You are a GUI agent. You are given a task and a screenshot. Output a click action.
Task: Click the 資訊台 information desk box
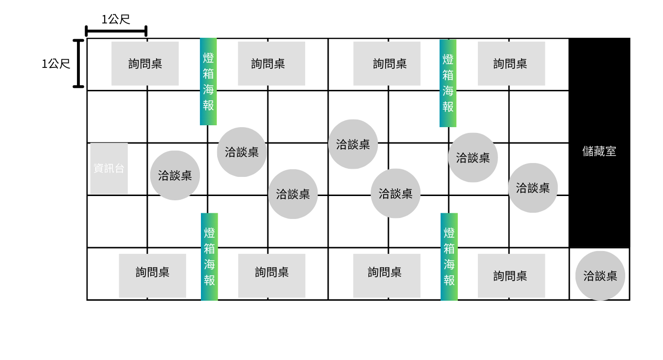click(109, 168)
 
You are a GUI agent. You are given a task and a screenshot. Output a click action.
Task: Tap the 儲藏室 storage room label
click(599, 152)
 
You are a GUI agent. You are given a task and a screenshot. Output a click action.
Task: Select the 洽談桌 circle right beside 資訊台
click(175, 175)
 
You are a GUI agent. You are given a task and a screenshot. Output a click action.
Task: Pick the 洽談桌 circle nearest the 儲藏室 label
click(533, 188)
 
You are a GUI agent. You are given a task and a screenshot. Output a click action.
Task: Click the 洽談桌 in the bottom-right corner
click(600, 275)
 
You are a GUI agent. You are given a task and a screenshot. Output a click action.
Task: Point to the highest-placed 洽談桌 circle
click(353, 144)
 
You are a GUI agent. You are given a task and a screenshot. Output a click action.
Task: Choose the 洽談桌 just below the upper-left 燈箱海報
click(242, 152)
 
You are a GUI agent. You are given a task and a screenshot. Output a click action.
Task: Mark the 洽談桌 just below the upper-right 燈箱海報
click(473, 157)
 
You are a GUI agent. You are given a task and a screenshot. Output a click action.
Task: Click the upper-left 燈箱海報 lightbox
click(208, 82)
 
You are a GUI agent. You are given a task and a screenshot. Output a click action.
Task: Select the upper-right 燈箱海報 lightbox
click(448, 83)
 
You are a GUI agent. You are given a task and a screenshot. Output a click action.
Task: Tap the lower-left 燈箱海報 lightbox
click(210, 257)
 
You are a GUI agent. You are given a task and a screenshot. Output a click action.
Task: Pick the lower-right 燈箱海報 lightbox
click(449, 257)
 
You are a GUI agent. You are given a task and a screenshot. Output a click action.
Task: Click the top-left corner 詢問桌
click(145, 64)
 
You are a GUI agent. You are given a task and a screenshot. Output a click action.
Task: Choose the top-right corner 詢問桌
click(511, 64)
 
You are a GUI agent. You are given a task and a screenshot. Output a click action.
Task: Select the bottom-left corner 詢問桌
click(153, 275)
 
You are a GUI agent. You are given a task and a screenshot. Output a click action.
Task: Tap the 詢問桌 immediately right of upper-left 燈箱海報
click(271, 64)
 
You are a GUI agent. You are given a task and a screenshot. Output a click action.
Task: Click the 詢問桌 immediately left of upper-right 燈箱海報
click(387, 64)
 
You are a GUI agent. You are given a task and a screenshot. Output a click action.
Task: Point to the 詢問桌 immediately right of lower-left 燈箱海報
click(272, 275)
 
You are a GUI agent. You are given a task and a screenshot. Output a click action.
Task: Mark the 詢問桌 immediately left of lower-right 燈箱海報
click(387, 275)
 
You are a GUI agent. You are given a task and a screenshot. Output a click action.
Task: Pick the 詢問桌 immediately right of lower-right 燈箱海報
click(511, 275)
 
